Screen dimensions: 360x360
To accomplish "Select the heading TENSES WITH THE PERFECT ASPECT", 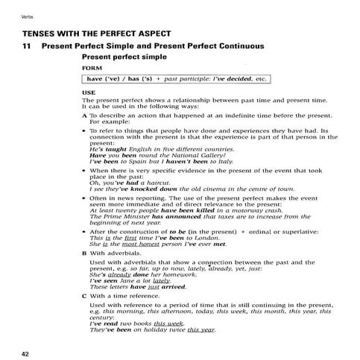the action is click(97, 34).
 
